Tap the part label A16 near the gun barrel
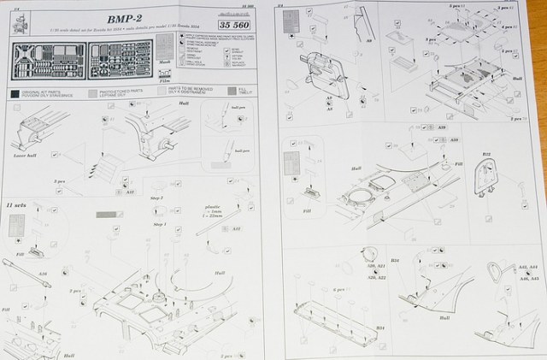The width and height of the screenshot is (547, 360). click(x=43, y=274)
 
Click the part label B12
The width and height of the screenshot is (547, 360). click(x=486, y=155)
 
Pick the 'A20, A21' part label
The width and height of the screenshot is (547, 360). click(x=373, y=269)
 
